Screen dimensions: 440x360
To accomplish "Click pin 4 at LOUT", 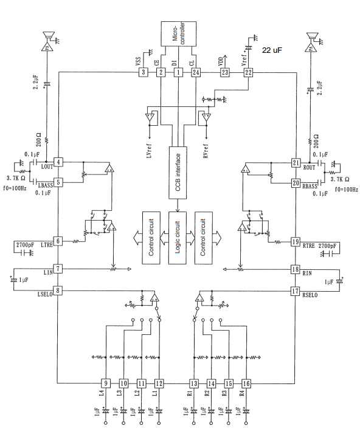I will coord(58,162).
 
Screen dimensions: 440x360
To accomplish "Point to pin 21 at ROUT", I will coord(296,162).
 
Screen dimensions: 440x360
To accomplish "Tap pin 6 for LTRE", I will coord(58,241).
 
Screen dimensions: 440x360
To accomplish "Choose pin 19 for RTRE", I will coord(296,241).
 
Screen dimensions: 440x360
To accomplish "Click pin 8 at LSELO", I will coord(58,290).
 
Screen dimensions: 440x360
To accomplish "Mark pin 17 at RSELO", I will coord(296,290).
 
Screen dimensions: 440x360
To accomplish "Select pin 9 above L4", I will coord(106,383).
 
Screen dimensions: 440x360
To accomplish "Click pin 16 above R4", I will coord(246,383).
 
